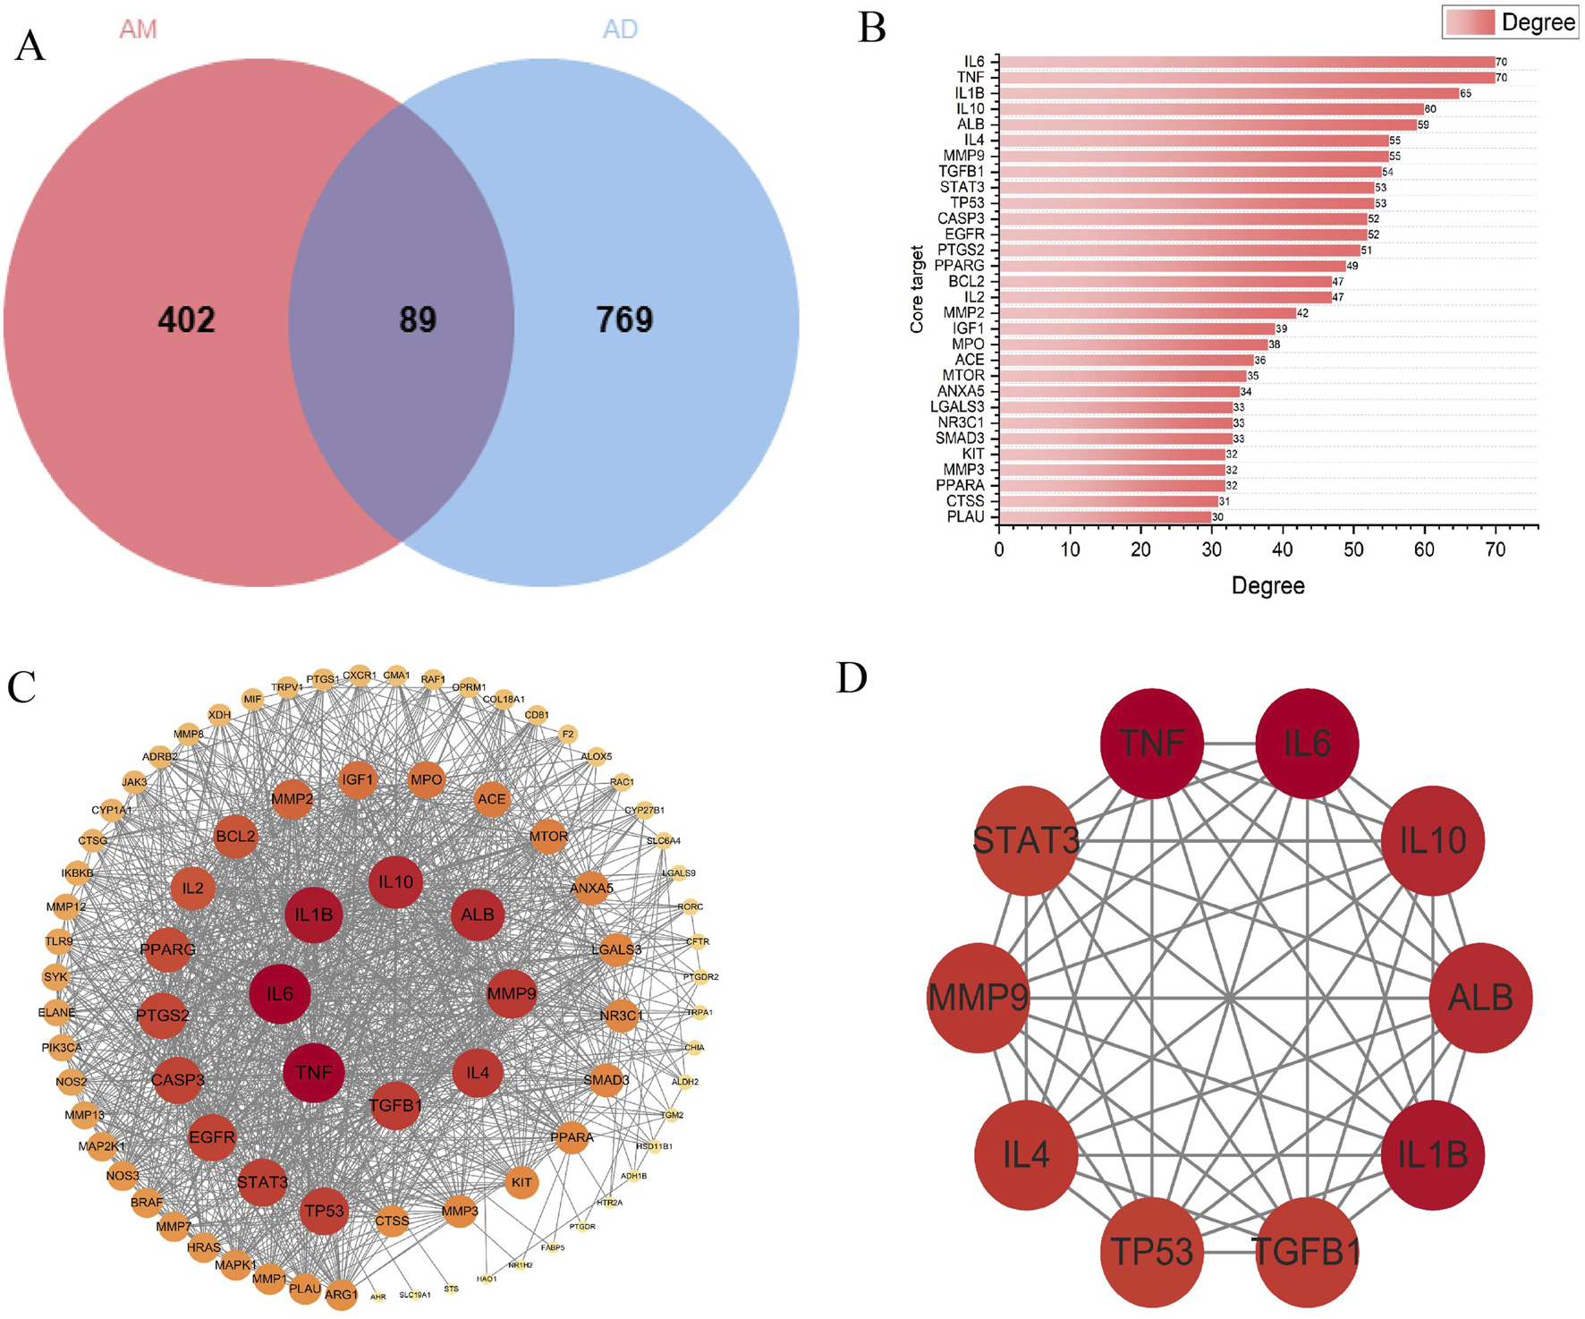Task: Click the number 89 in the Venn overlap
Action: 417,319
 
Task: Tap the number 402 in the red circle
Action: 186,319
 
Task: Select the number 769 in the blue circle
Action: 624,319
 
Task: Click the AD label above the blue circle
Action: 620,30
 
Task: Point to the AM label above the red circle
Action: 138,30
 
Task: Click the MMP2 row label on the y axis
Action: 963,312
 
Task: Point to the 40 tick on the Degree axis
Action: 1283,549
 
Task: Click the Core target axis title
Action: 917,289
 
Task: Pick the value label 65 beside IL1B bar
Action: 1465,94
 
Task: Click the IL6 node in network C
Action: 279,993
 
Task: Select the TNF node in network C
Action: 313,1072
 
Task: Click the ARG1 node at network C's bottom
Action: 341,1294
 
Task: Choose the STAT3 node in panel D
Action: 1026,840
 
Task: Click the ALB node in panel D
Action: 1480,998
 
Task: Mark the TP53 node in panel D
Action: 1151,1251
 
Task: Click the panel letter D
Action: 852,678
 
